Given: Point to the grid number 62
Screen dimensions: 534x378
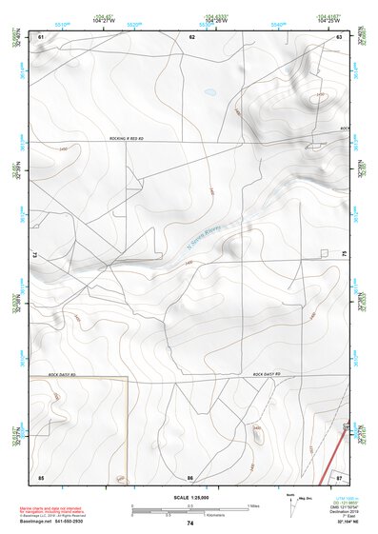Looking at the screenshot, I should pyautogui.click(x=191, y=36).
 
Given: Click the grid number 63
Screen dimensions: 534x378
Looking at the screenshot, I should pyautogui.click(x=339, y=36).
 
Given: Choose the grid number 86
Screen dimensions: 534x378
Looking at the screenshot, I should pyautogui.click(x=190, y=476).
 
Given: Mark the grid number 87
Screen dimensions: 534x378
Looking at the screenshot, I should pyautogui.click(x=339, y=476).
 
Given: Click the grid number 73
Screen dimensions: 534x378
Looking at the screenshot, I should pyautogui.click(x=34, y=255).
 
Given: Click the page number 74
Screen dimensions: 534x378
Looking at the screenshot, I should pyautogui.click(x=190, y=524).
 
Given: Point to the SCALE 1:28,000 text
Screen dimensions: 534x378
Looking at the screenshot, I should pyautogui.click(x=189, y=497).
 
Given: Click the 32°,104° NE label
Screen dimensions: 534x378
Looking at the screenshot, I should pyautogui.click(x=349, y=524).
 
